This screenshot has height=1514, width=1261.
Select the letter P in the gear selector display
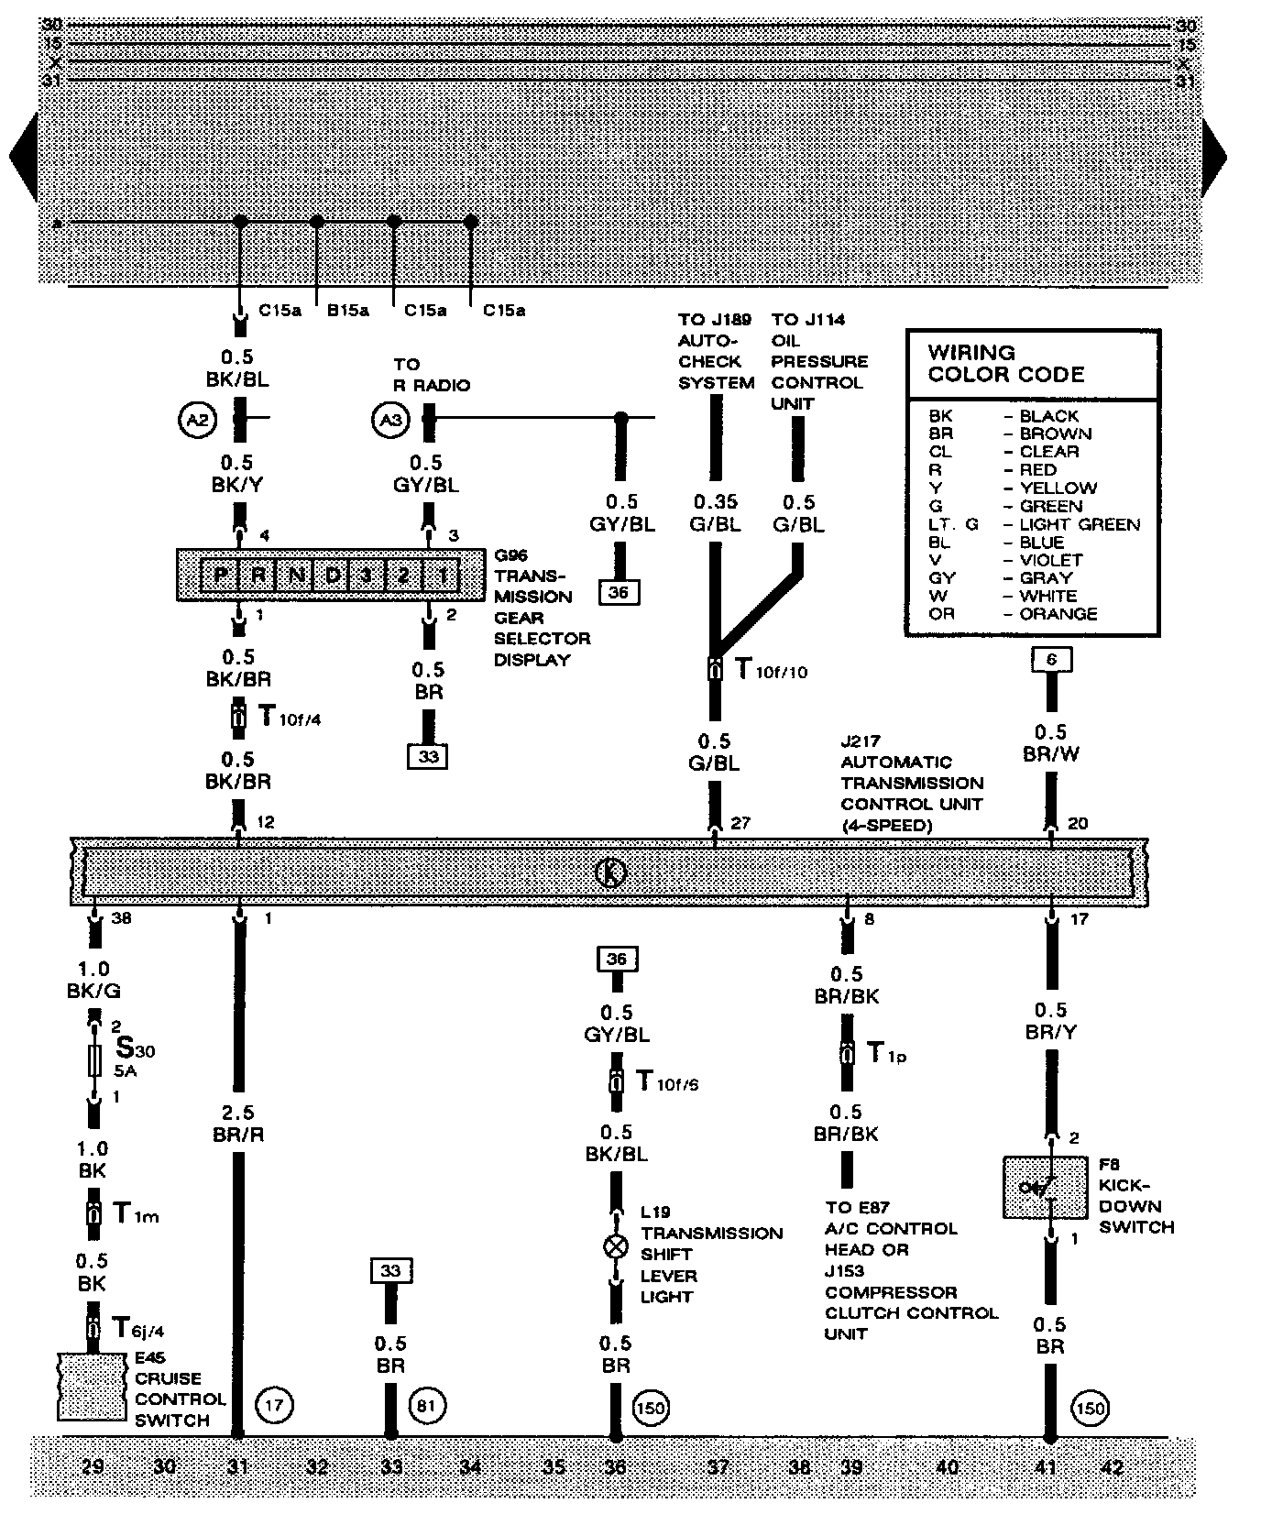point(220,576)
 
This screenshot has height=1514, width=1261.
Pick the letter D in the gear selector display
point(333,576)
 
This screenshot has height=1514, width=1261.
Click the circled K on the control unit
point(610,872)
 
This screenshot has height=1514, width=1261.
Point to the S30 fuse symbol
point(93,1060)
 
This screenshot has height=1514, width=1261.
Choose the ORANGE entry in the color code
point(1058,614)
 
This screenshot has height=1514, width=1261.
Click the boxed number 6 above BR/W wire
point(1051,659)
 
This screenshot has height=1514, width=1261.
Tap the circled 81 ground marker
point(425,1405)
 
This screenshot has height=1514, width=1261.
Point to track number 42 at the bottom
point(1111,1467)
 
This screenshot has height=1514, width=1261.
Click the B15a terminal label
point(347,311)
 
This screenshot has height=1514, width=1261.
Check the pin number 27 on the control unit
point(740,823)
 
